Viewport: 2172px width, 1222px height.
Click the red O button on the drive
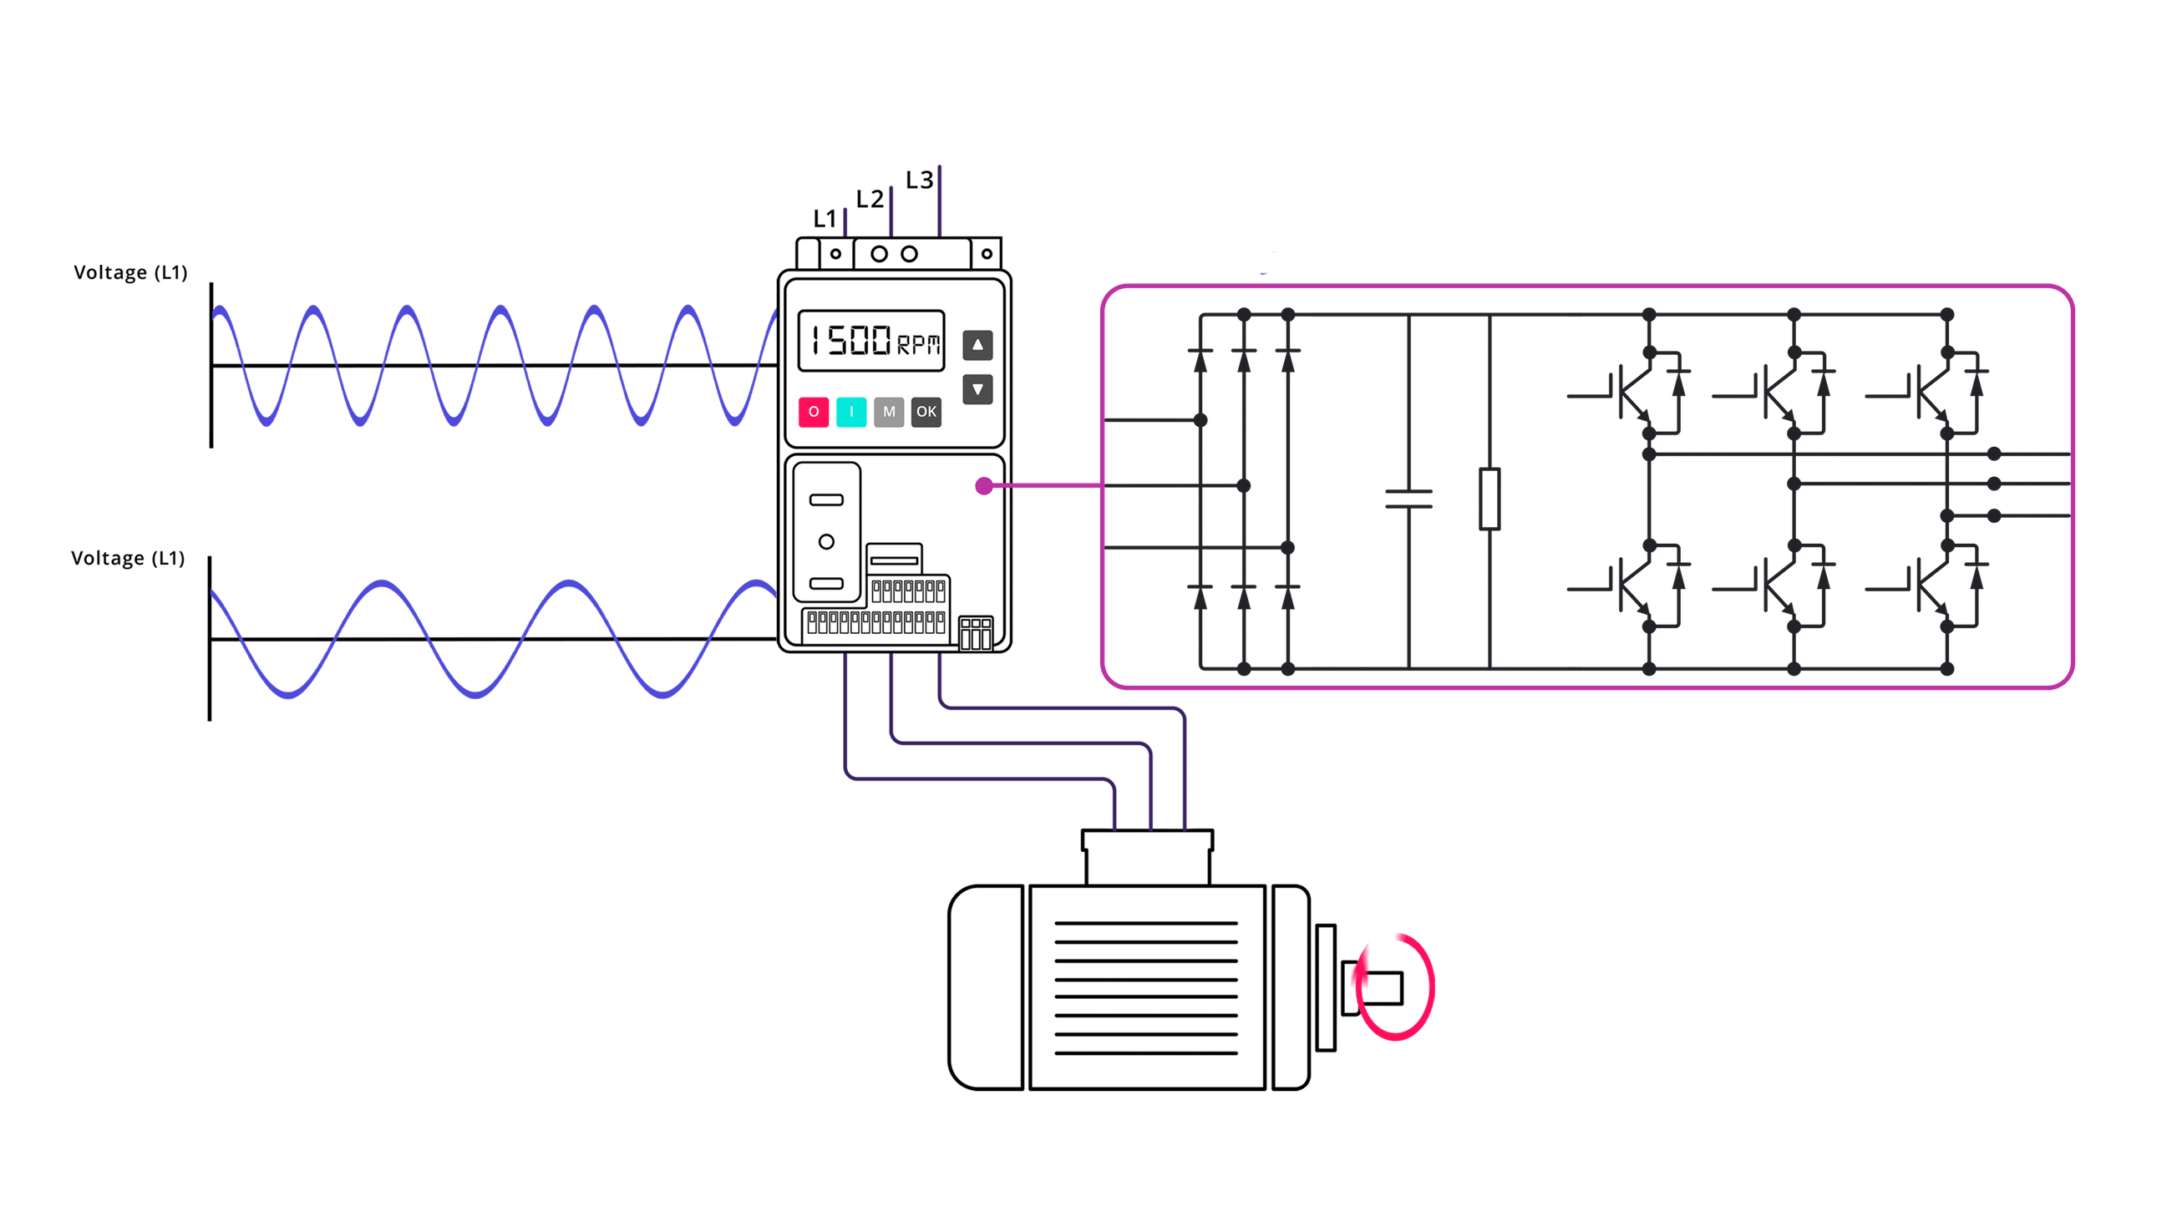pos(813,412)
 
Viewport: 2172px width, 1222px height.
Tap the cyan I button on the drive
pos(850,412)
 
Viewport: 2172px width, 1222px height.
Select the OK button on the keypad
pos(926,412)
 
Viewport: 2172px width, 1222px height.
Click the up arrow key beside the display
pos(977,345)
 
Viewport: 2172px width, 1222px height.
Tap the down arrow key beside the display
pos(977,389)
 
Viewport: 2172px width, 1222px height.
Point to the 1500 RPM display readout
pos(871,341)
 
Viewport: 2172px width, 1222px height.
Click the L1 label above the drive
pos(824,219)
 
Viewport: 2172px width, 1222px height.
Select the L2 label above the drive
pos(870,198)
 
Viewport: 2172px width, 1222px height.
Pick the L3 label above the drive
pos(918,179)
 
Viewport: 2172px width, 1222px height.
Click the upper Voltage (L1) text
pos(129,272)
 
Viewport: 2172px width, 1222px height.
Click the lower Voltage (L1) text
pos(127,558)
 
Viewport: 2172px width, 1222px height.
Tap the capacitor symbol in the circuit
pos(1408,499)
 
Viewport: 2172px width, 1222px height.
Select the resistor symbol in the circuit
pos(1488,499)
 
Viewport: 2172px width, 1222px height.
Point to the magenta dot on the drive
pos(983,486)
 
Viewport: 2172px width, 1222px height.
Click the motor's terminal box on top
pos(1147,856)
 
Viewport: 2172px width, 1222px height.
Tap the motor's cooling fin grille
pos(1146,986)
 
